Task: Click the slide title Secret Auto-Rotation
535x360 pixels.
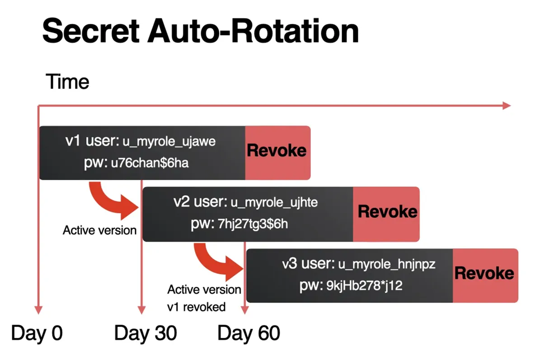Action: point(200,32)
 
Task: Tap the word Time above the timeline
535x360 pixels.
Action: point(67,82)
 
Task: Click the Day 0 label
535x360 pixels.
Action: point(37,333)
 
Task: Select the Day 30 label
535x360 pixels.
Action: point(145,333)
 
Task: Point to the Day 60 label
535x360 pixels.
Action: point(249,333)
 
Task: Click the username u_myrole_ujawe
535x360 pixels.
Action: point(169,142)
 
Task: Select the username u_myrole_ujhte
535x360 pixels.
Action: point(274,203)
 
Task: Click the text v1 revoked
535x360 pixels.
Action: point(196,307)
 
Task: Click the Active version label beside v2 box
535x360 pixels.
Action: point(99,230)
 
